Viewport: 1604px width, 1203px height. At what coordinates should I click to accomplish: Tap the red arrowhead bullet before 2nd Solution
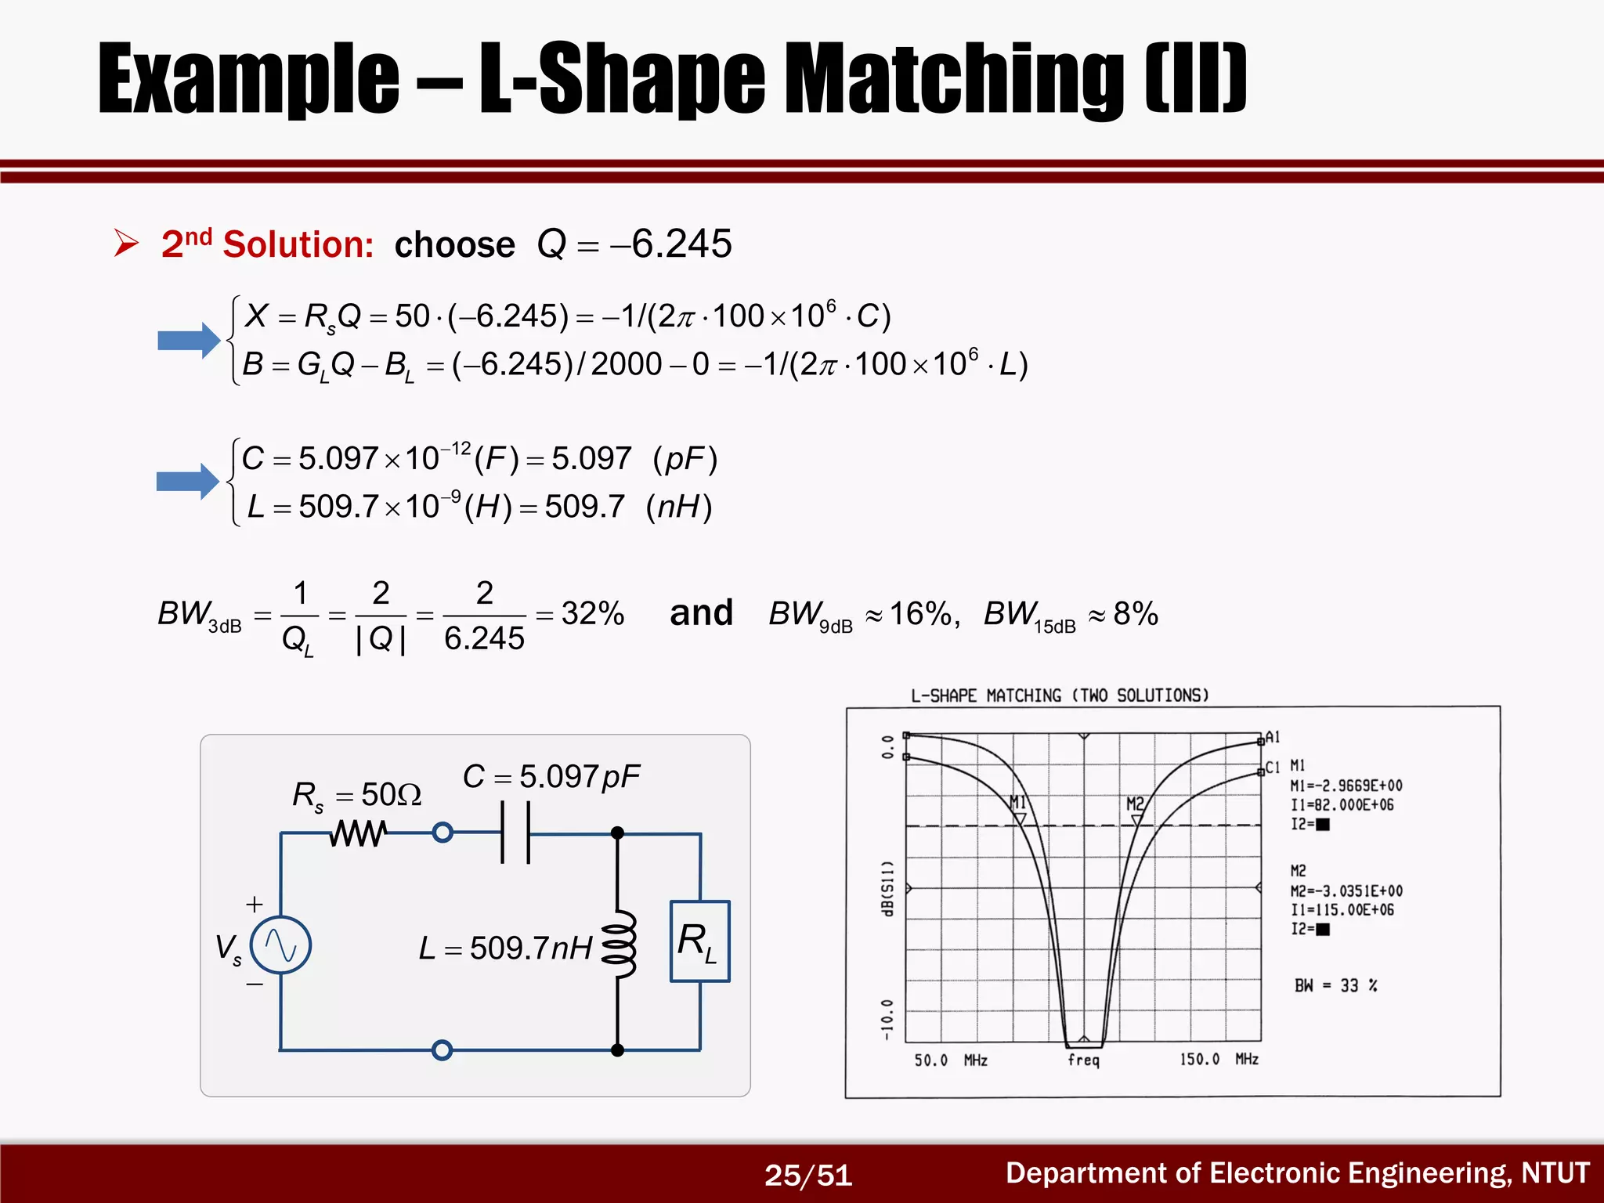point(126,243)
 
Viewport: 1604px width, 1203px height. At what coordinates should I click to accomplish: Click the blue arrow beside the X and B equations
point(189,341)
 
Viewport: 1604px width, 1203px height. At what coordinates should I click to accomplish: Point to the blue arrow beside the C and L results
point(188,481)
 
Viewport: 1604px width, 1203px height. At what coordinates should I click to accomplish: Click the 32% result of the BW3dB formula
point(592,613)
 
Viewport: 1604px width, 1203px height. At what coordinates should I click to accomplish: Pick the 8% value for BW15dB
point(1136,613)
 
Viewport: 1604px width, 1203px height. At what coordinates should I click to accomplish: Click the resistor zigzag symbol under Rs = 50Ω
point(358,833)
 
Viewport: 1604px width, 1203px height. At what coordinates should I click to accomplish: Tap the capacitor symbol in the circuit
point(515,833)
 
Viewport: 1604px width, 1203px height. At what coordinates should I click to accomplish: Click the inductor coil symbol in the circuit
point(619,944)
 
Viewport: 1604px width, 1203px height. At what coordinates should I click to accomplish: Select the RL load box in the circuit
point(699,941)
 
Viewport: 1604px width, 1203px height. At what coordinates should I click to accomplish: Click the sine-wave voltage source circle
point(280,945)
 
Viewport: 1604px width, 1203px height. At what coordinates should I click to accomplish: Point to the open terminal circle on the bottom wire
point(443,1050)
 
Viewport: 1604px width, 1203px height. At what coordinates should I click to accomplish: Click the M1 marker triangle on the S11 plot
point(1021,818)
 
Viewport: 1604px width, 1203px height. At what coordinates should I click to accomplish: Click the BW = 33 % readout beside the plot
point(1336,986)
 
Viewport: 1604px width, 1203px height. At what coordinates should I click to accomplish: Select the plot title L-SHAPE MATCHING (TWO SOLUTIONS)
point(1060,695)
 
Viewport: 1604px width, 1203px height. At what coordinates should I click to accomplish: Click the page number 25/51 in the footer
point(808,1175)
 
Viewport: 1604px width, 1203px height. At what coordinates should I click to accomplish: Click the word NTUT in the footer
point(1555,1173)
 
